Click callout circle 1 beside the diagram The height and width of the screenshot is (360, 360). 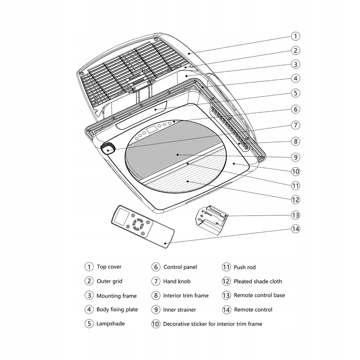(295, 36)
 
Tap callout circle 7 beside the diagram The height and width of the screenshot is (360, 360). (295, 125)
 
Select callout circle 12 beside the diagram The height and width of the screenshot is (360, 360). (295, 199)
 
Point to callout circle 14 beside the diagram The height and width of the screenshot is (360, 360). (295, 229)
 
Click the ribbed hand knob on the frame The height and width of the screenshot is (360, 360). (108, 148)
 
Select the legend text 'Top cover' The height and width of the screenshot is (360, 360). (109, 267)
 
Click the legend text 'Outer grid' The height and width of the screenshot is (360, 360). (109, 281)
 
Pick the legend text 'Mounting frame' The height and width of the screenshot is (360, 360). (116, 296)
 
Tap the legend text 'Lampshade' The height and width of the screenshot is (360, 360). (111, 324)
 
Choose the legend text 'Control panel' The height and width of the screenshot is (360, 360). (180, 267)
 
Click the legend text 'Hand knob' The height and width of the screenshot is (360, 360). (177, 281)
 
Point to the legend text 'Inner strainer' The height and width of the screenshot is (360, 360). (179, 310)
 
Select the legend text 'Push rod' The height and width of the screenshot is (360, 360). (244, 267)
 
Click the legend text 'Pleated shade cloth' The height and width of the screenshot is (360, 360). (258, 281)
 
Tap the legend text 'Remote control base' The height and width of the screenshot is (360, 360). (259, 295)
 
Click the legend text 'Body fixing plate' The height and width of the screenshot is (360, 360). (117, 309)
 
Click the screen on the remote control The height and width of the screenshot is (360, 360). (121, 217)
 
